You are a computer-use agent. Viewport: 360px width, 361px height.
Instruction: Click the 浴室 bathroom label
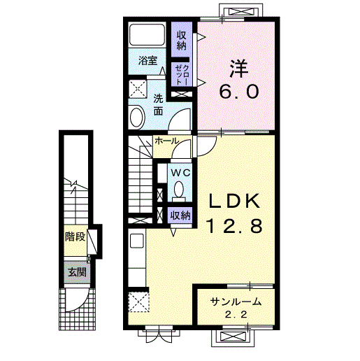pos(147,61)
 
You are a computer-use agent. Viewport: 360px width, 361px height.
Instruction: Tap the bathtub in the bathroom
pos(147,34)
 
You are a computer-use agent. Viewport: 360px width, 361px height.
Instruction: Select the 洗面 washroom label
pos(158,105)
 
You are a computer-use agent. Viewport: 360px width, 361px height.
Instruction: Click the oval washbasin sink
pos(136,117)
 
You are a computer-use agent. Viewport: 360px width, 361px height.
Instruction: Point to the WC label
pos(181,173)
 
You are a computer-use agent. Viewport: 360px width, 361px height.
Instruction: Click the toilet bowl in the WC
pos(179,188)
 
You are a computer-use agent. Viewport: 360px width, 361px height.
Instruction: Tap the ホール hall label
pos(166,141)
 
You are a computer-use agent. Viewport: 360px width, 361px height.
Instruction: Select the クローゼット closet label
pos(182,75)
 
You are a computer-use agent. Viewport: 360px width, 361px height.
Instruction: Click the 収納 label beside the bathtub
pos(182,41)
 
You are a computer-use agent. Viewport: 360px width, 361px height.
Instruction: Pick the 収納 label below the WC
pos(180,215)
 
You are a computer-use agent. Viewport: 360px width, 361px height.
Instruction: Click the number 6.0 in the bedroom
pos(239,91)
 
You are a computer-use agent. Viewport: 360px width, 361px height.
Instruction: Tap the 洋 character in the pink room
pos(238,69)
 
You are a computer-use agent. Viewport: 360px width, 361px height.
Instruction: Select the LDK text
pos(234,201)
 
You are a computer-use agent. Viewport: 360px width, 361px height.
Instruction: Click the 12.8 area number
pos(234,226)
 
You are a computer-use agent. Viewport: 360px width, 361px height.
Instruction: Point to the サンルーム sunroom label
pos(236,302)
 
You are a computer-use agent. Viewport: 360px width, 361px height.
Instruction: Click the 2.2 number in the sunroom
pos(236,315)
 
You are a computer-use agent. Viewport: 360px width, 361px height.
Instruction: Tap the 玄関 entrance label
pos(77,272)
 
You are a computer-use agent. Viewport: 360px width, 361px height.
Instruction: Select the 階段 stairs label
pos(75,237)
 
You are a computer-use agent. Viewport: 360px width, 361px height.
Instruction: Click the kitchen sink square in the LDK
pos(137,241)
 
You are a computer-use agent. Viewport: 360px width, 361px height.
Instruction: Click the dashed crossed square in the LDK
pos(138,302)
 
